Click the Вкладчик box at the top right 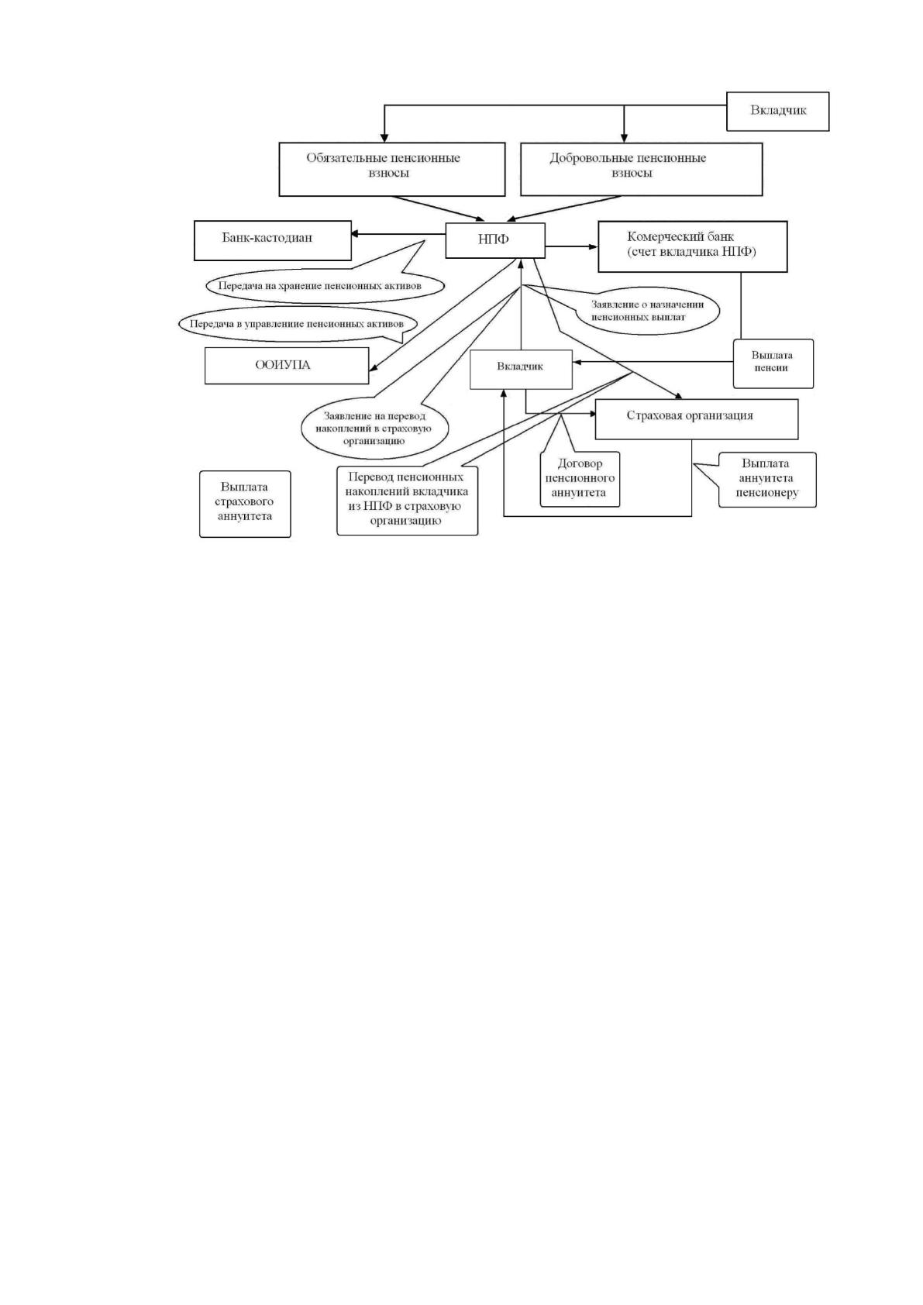click(777, 112)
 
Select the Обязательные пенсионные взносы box click(391, 169)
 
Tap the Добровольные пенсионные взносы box click(641, 169)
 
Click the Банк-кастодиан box click(272, 240)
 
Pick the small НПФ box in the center click(495, 240)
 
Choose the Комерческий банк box click(692, 246)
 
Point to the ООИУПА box click(287, 366)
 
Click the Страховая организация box click(697, 419)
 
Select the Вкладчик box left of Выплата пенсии click(521, 370)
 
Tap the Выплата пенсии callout click(773, 363)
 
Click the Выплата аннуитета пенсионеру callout click(766, 480)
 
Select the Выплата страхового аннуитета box click(245, 504)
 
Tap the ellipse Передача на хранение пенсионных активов click(325, 286)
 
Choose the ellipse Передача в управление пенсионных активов click(299, 324)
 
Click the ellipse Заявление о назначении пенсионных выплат click(647, 311)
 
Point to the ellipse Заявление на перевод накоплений click(374, 429)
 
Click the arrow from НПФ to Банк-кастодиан click(398, 234)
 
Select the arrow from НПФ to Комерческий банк click(572, 246)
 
